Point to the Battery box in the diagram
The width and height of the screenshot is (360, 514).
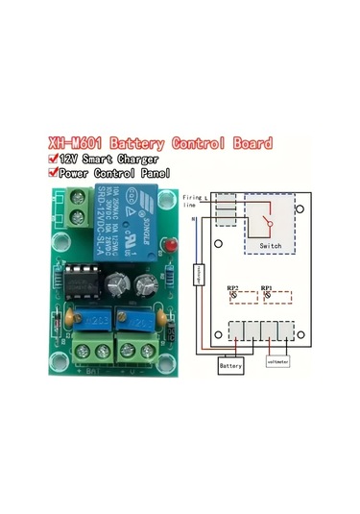(230, 366)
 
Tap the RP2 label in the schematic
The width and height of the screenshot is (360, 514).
(233, 287)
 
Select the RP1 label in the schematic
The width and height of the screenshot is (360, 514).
(267, 287)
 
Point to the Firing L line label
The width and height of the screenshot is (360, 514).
(192, 200)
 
